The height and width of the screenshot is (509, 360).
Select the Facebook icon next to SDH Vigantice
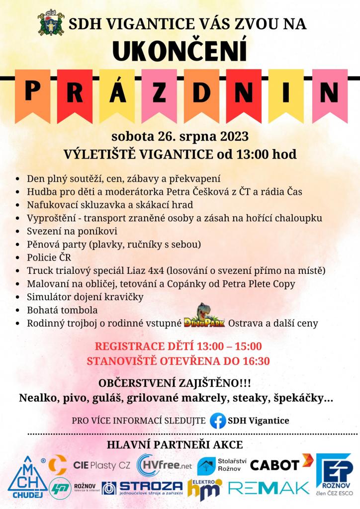coord(217,421)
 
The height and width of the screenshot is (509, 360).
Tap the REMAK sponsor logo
coord(269,488)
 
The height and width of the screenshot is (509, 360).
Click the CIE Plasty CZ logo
coord(102,466)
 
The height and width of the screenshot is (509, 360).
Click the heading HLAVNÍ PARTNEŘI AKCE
coord(180,444)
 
